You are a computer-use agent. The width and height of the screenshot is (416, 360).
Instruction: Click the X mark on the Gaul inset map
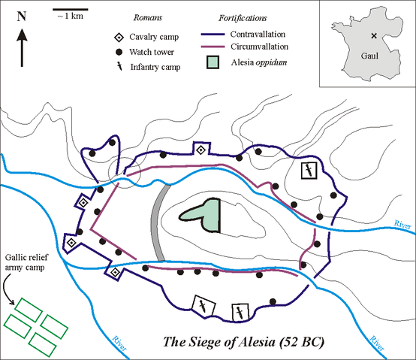tap(373, 35)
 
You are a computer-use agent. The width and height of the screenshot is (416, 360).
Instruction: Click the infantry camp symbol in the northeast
tap(308, 171)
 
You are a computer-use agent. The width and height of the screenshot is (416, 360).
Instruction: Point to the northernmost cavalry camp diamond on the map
tap(200, 150)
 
